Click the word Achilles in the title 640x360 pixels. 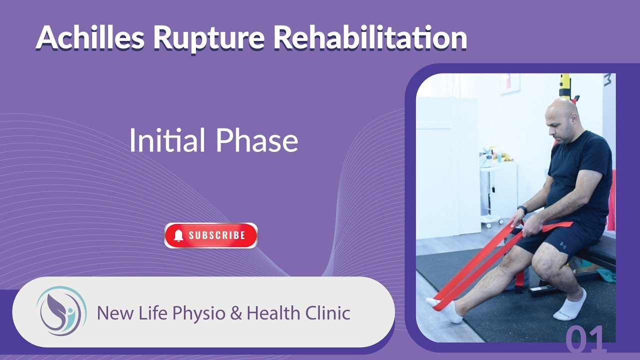90,37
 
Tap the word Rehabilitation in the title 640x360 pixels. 370,37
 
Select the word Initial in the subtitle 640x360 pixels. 167,140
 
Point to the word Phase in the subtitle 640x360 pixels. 257,140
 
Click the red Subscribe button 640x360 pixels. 211,235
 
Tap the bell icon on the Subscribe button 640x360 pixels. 178,235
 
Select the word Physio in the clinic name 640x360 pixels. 199,313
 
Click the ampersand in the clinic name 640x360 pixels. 236,313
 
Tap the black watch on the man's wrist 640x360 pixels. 522,209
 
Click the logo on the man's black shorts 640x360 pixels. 562,245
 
